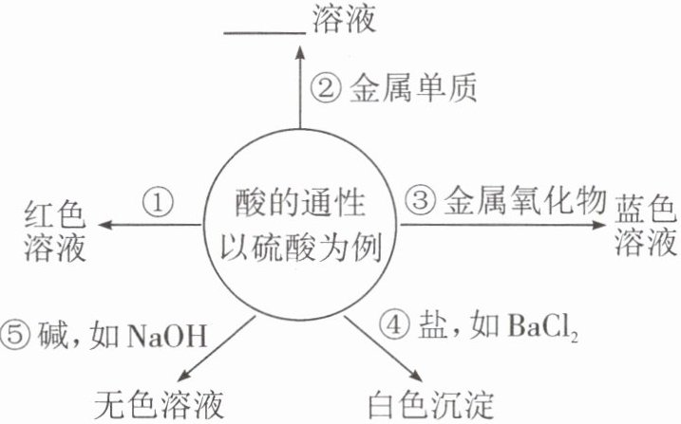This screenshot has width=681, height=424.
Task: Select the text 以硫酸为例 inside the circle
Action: click(300, 249)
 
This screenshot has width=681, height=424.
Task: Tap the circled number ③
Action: click(421, 200)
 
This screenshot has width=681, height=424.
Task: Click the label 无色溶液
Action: click(160, 405)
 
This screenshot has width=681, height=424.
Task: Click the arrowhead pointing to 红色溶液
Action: click(106, 224)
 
